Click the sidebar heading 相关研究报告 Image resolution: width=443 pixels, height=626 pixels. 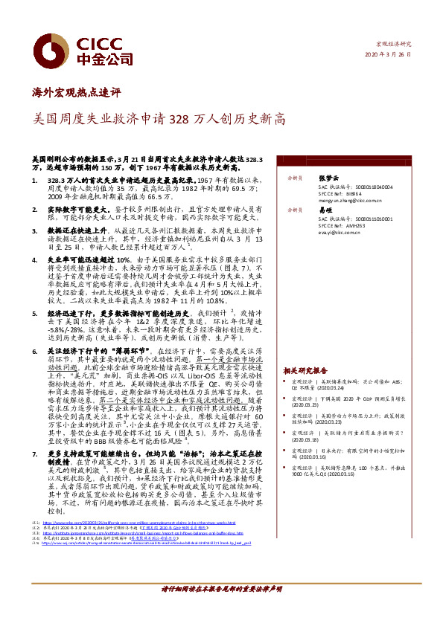point(305,370)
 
